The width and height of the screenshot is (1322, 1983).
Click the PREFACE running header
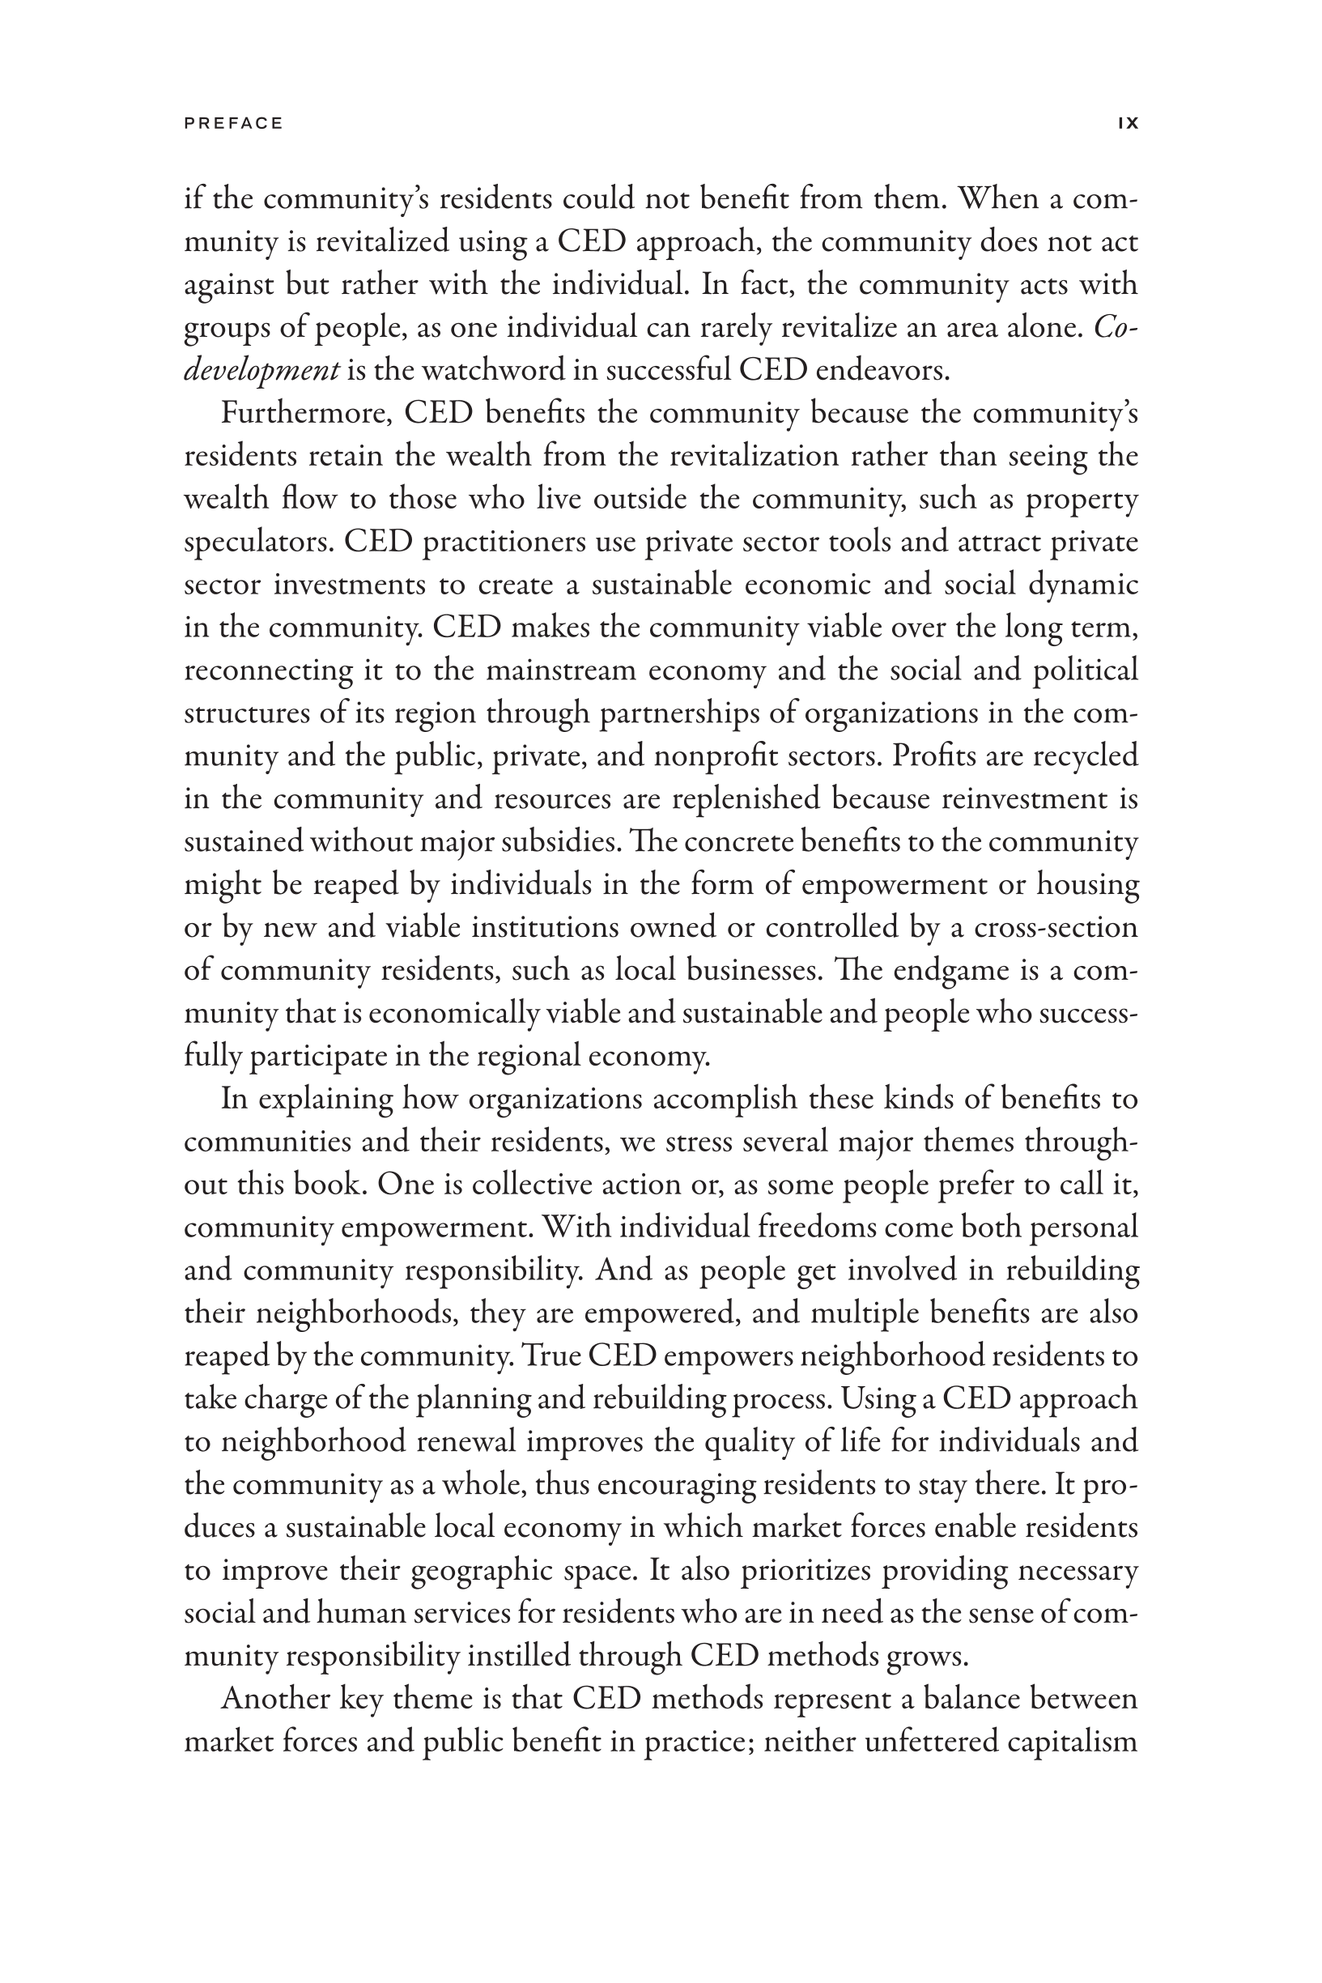tap(233, 123)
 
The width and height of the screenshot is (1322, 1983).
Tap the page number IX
tap(1128, 123)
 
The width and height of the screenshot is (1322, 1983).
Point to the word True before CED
tap(550, 1355)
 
